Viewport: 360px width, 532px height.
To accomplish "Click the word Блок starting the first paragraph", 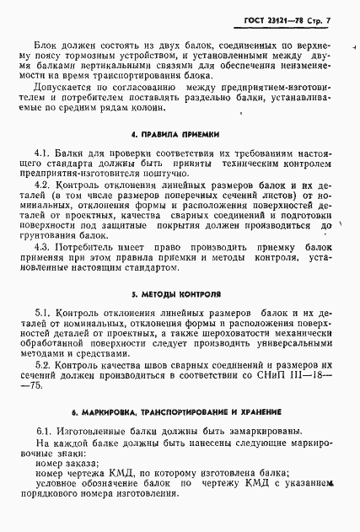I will pos(48,44).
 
